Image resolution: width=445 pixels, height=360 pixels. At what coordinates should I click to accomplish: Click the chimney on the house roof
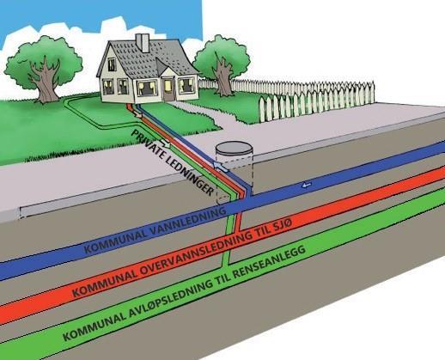143,43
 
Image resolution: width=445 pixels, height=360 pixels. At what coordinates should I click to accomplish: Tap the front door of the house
168,89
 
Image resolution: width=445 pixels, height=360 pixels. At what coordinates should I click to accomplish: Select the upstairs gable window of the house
112,64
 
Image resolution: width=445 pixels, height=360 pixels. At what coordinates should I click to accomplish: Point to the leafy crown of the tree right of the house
221,57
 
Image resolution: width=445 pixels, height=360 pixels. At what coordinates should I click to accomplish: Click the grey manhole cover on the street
234,149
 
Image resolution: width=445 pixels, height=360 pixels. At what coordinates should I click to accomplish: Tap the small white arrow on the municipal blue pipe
306,186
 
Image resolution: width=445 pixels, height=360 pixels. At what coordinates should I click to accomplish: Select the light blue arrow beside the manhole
221,167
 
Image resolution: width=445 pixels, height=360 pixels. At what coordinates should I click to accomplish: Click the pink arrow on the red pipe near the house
137,114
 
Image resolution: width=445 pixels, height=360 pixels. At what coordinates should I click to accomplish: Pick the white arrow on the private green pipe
165,143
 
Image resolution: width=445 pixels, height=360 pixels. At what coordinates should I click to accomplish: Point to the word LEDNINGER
190,177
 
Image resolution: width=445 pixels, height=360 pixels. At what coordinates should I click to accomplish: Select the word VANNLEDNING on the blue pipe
187,223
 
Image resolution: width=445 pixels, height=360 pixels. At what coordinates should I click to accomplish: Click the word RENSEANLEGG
270,263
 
